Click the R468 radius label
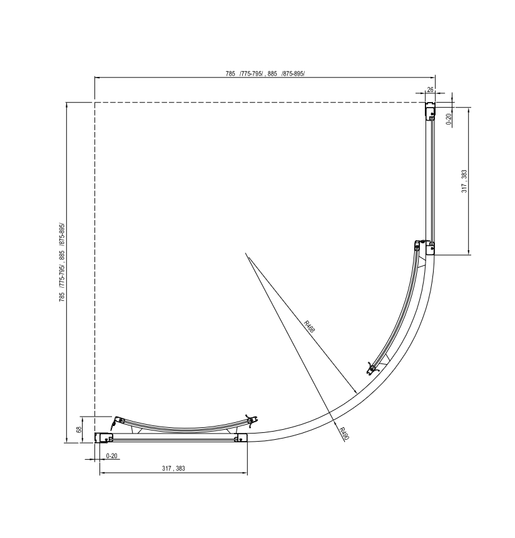coord(309,327)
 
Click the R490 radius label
coord(344,434)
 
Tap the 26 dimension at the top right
coord(430,89)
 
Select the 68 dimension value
coord(79,430)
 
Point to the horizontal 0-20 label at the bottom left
coord(112,455)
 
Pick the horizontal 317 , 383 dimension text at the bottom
coord(173,469)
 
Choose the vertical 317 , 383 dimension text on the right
coord(464,181)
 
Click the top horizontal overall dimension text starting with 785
coord(265,74)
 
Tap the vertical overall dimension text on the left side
coord(62,261)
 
